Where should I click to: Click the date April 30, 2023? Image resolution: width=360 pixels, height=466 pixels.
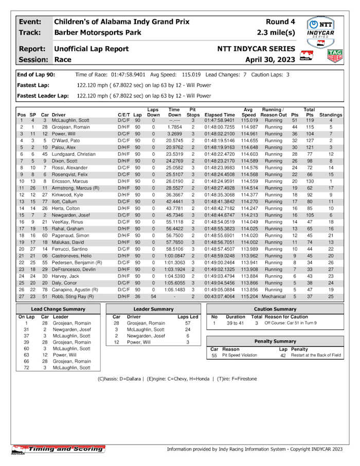point(271,60)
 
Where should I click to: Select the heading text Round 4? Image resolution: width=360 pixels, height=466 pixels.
point(280,22)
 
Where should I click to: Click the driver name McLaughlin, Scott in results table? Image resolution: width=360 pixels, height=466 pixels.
point(70,120)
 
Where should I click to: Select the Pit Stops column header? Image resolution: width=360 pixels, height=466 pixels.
point(193,112)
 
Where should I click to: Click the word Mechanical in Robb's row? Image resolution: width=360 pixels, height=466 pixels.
point(274,296)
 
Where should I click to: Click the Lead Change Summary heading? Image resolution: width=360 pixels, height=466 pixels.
point(58,309)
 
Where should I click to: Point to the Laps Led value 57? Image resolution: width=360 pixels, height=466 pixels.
point(188,323)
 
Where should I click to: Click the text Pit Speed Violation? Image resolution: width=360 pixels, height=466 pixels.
point(242,355)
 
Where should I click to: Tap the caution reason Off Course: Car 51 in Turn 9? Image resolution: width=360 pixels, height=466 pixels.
point(291,323)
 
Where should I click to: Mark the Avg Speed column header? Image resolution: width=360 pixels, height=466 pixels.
point(249,112)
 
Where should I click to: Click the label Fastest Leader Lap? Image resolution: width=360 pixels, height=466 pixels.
point(43,96)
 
